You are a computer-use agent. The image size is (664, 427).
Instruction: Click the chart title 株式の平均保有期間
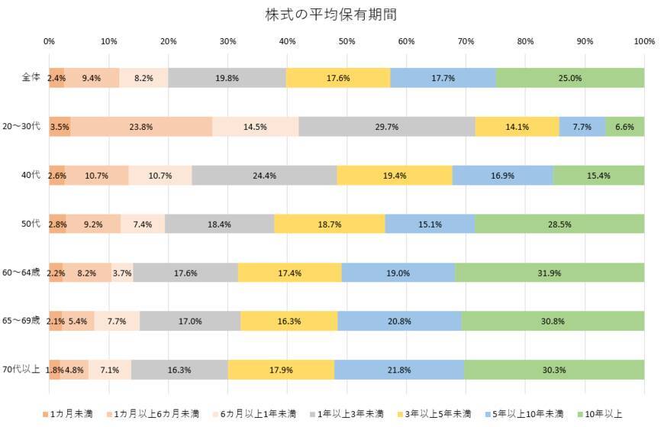(x=331, y=15)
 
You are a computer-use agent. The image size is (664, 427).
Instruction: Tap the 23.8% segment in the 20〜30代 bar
(x=141, y=127)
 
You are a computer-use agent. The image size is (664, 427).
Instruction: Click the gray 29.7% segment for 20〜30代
(x=387, y=127)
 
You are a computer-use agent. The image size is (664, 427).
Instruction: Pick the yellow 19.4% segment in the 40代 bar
(x=395, y=175)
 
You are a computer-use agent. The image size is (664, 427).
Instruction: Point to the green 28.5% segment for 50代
(x=559, y=224)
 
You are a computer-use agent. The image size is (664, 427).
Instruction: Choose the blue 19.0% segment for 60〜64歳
(x=398, y=273)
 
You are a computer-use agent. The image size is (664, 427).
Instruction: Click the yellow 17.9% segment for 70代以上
(x=281, y=370)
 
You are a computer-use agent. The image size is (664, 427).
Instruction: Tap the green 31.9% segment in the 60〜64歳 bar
(x=550, y=273)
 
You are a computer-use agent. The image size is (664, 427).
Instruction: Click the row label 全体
(x=31, y=78)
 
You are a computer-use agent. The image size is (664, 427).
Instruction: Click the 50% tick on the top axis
(x=347, y=41)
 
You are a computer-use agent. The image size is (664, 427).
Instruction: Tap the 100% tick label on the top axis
(x=644, y=41)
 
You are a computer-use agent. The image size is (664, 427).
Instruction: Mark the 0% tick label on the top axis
(x=49, y=41)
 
